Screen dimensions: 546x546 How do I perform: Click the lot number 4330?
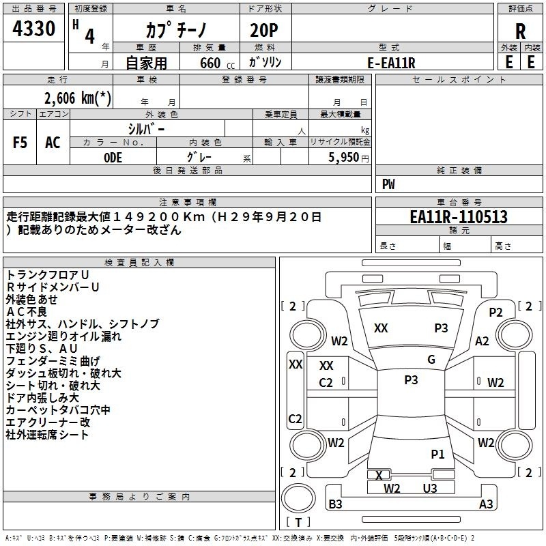[33, 28]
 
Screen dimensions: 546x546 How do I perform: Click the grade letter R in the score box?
[520, 31]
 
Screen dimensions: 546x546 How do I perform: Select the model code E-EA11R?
[391, 63]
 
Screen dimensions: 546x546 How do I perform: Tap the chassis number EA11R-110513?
[459, 216]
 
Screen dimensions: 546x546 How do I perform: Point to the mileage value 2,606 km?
[78, 98]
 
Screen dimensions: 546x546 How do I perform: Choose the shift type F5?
[20, 143]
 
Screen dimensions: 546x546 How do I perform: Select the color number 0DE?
[113, 158]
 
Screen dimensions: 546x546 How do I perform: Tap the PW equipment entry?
[388, 184]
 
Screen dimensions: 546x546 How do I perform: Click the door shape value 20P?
[264, 30]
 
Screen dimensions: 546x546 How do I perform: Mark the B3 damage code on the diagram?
[335, 504]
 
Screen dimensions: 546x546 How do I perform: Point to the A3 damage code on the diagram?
[486, 504]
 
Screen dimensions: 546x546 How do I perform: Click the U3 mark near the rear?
[430, 488]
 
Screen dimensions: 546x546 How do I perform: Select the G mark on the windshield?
[431, 359]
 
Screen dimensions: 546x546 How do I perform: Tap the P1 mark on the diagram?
[437, 454]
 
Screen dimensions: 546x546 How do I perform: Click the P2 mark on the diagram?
[496, 313]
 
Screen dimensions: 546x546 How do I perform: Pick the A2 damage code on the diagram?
[482, 341]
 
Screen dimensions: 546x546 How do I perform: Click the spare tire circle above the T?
[298, 498]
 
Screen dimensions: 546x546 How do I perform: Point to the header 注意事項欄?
[188, 202]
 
